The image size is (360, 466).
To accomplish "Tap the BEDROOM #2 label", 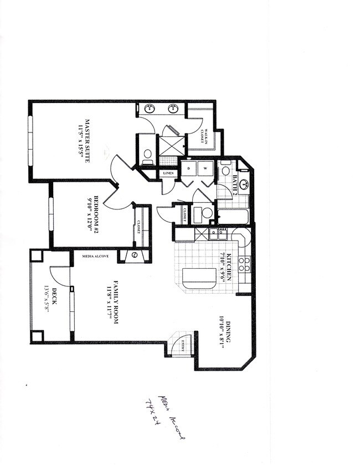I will (95, 213).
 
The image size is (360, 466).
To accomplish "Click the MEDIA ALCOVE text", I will (95, 257).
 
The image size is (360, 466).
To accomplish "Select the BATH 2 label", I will (235, 181).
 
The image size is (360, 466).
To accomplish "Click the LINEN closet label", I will (168, 173).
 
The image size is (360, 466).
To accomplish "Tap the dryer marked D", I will (189, 168).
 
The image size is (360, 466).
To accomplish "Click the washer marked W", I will (205, 168).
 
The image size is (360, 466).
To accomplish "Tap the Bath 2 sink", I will (244, 184).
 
